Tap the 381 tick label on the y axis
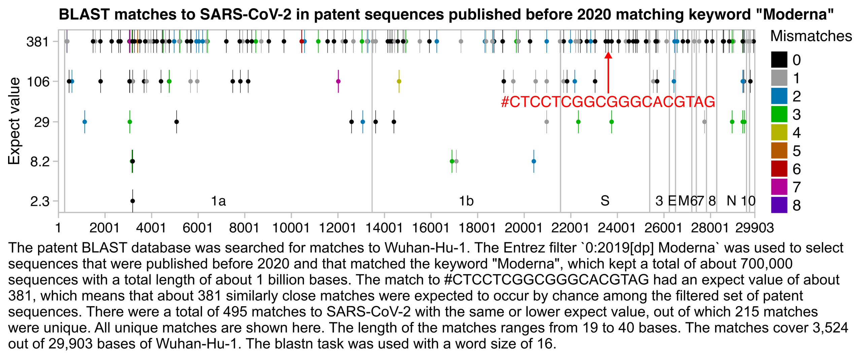38,42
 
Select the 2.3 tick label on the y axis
40,201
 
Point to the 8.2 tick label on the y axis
40,162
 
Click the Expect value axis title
14,121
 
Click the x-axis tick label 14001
384,228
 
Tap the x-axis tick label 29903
754,228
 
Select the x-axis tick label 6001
198,228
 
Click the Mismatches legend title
811,36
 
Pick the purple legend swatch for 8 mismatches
779,205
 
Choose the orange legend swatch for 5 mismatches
779,151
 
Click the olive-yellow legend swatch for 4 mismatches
779,132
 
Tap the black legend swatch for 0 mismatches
779,60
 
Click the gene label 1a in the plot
218,201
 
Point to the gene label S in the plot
605,201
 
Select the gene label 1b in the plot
466,201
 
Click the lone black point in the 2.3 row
133,201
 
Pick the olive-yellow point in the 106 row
399,81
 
